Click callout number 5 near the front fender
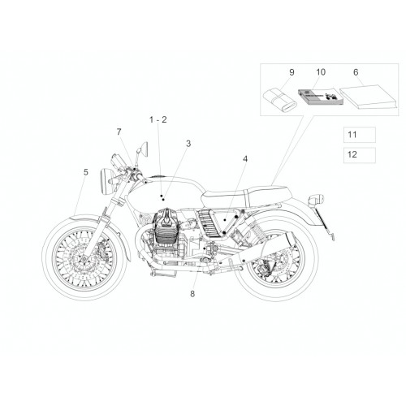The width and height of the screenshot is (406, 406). (x=85, y=172)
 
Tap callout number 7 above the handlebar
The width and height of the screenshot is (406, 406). (x=119, y=132)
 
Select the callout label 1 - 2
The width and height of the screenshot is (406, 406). (x=158, y=119)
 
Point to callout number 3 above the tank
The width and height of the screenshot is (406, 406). (x=188, y=144)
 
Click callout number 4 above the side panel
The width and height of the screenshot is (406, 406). (x=245, y=159)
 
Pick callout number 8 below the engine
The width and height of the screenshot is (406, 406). (x=192, y=294)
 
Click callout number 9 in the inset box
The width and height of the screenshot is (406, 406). (x=292, y=72)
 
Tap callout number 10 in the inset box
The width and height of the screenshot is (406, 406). (x=321, y=72)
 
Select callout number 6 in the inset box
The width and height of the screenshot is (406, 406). (x=356, y=72)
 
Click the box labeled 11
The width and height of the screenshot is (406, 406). (x=360, y=135)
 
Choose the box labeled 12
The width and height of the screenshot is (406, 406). (x=360, y=155)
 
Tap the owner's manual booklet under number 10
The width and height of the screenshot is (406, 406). (x=321, y=97)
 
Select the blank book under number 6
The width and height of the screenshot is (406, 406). (x=369, y=97)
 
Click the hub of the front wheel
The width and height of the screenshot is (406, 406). (x=84, y=259)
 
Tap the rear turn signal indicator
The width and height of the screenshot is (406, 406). (x=316, y=200)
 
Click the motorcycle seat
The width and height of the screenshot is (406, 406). (x=246, y=196)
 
